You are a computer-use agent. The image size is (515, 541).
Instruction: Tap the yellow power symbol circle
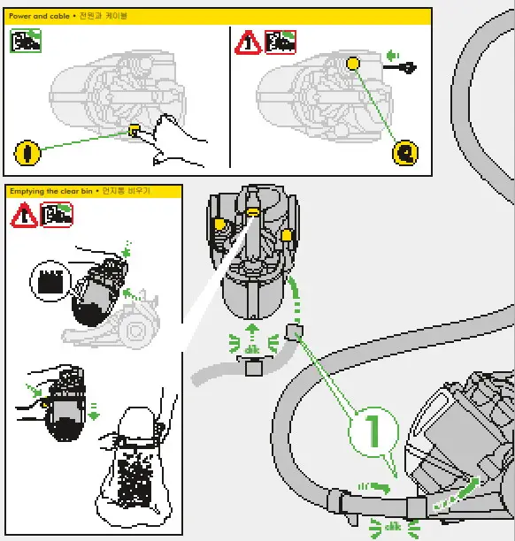[x=27, y=152]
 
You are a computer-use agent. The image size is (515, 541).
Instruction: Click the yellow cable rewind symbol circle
[x=405, y=152]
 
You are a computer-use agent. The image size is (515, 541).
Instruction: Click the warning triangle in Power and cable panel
[x=247, y=42]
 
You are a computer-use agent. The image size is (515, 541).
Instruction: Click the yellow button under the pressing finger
[x=135, y=130]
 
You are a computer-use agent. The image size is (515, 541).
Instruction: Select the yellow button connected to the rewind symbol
[x=352, y=64]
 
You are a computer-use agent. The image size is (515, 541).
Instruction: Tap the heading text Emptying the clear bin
[x=53, y=191]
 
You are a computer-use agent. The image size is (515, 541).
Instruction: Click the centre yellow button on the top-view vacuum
[x=252, y=213]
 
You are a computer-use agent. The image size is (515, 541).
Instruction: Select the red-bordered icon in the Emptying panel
[x=58, y=214]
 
